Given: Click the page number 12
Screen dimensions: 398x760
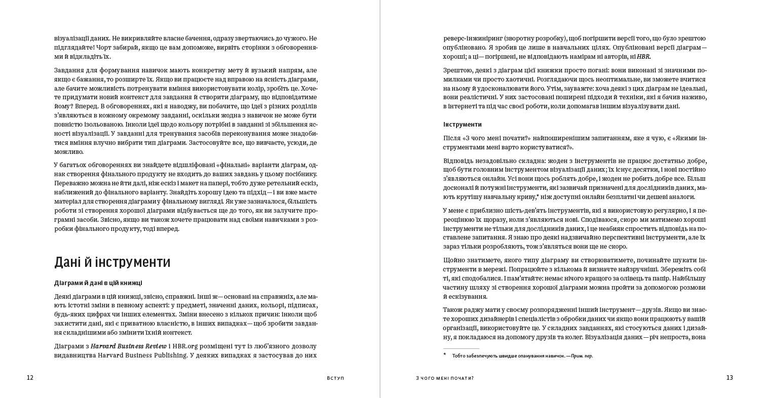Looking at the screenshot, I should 30,378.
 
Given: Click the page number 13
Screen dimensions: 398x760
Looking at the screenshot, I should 730,378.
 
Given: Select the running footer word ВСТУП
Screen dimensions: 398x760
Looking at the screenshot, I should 336,378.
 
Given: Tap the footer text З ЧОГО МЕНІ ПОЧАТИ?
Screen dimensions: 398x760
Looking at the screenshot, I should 444,378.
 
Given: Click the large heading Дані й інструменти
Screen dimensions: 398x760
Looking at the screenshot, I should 112,262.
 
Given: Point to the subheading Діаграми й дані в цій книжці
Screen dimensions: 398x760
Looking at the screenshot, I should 98,283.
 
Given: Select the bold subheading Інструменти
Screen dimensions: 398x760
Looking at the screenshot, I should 462,125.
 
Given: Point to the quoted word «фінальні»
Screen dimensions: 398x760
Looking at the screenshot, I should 234,165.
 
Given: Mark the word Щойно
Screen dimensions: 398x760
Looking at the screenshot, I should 453,260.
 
